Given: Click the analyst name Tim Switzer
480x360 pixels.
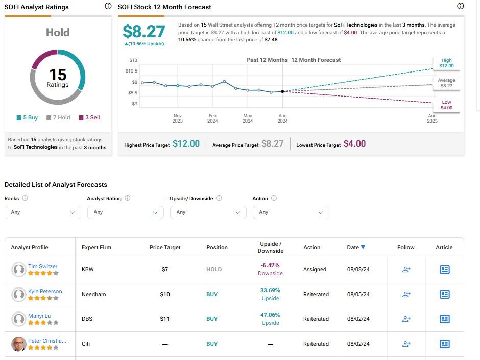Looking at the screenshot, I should coord(43,266).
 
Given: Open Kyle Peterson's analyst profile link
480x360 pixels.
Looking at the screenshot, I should coord(45,291).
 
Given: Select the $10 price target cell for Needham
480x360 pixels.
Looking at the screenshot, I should coord(165,294).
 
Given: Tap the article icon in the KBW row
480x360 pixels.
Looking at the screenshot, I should coord(444,269).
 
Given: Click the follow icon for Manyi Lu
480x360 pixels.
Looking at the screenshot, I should coord(406,319).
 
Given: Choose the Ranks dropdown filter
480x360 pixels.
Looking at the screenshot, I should coord(43,212).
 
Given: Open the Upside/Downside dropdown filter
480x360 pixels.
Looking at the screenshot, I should coord(208,212).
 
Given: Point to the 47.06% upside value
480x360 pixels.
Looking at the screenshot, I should coord(270,315).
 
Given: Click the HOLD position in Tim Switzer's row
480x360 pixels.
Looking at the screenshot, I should coord(214,269).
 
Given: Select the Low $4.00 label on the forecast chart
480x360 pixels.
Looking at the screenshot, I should coord(446,105).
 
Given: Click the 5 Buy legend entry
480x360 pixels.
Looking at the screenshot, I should coord(28,117).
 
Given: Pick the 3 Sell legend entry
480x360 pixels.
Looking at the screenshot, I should coord(89,117).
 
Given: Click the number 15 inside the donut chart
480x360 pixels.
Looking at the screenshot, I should coord(58,75).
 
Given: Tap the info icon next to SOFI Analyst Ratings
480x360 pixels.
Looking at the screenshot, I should coord(107,7).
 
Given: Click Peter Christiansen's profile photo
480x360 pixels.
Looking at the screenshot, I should coord(19,344).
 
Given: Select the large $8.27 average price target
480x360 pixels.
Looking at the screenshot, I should coord(145,32).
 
